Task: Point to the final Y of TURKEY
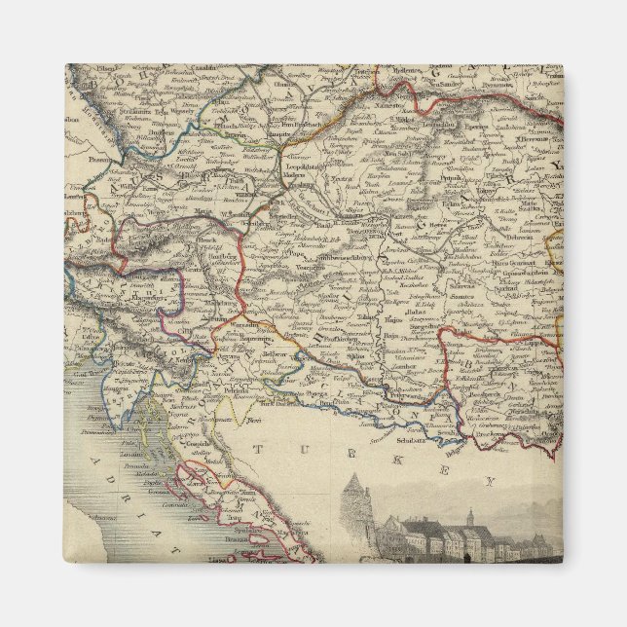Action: pos(491,480)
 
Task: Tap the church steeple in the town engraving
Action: pos(469,517)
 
